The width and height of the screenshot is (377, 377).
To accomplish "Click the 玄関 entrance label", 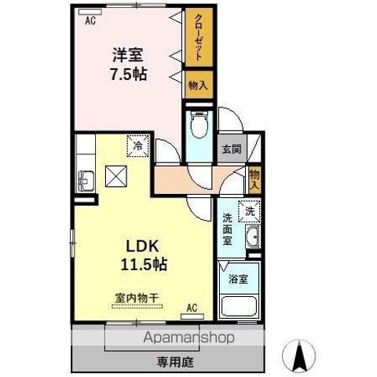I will [x=231, y=148].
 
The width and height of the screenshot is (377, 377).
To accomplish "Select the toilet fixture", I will [x=199, y=126].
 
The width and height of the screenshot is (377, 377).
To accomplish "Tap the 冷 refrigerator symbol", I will [x=138, y=145].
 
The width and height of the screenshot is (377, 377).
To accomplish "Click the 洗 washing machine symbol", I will [x=250, y=210].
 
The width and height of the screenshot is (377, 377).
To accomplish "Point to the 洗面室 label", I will [x=227, y=229].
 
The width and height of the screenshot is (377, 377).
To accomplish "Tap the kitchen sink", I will [x=85, y=181].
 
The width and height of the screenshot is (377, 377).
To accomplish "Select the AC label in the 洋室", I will [x=90, y=21].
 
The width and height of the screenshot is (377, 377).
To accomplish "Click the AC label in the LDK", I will [x=192, y=307].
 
